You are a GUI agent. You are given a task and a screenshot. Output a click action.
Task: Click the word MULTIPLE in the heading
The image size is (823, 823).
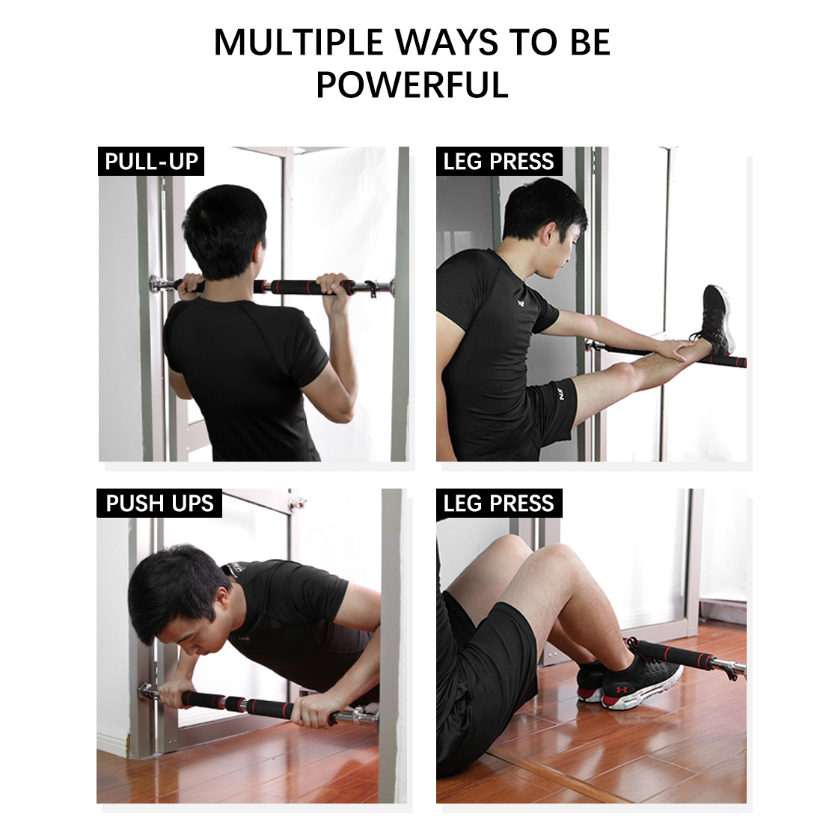tap(298, 42)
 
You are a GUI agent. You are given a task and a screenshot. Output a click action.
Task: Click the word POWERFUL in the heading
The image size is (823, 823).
tap(412, 85)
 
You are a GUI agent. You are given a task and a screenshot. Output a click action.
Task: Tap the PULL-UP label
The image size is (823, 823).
tap(151, 161)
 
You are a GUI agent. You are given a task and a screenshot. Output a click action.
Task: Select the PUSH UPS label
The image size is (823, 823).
tap(159, 503)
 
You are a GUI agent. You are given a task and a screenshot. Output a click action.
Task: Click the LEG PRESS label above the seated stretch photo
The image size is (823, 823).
tap(498, 161)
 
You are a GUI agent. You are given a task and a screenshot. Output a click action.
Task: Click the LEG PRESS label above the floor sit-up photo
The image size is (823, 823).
tap(498, 503)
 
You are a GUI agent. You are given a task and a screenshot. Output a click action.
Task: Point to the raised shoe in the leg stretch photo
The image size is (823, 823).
tap(715, 318)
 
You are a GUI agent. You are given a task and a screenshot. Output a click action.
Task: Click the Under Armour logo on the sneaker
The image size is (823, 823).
tap(621, 688)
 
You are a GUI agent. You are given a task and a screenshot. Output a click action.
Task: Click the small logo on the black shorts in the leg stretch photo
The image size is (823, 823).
tap(560, 393)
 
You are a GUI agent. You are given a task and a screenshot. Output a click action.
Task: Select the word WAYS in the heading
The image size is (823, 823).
tap(446, 42)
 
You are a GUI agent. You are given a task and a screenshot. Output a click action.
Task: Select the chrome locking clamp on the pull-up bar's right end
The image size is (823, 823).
tap(371, 289)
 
